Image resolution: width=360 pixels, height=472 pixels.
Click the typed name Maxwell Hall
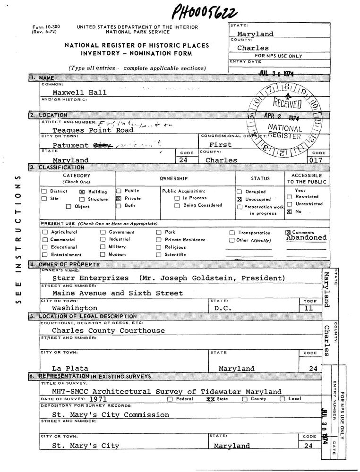79,93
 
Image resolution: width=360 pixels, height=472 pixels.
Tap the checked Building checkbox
82,192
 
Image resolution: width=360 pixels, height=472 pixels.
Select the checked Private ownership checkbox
119,199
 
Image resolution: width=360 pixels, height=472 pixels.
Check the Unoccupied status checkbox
240,200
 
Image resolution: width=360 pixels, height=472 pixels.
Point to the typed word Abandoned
306,238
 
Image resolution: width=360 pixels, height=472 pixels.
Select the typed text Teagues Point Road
93,130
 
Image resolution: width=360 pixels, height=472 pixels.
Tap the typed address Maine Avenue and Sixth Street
117,293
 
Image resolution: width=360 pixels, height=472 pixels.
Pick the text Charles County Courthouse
108,331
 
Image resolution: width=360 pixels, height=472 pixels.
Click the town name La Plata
68,368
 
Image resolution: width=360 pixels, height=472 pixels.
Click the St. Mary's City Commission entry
110,415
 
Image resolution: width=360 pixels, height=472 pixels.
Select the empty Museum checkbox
103,254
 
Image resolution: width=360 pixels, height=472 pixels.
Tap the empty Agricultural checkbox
45,232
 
